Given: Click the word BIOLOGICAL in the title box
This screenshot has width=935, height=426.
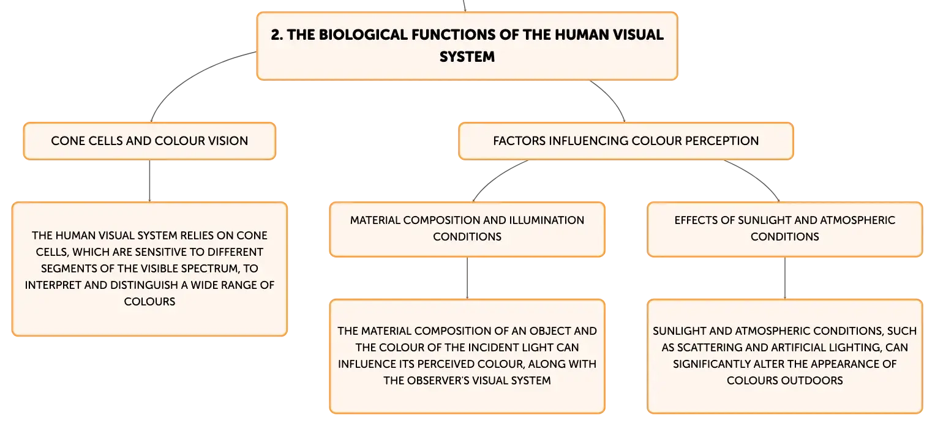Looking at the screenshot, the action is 362,35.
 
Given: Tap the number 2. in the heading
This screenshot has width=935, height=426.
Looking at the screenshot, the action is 277,35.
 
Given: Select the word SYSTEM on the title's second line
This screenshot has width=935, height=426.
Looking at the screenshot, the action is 467,57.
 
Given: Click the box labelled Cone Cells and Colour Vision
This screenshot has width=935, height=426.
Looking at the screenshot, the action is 149,141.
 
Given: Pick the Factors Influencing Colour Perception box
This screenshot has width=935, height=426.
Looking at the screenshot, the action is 626,141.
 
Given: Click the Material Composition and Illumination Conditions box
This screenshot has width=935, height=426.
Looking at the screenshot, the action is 467,230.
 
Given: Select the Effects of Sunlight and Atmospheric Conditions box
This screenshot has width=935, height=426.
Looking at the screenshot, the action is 785,230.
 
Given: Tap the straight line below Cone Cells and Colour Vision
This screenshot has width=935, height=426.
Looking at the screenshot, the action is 149,181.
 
